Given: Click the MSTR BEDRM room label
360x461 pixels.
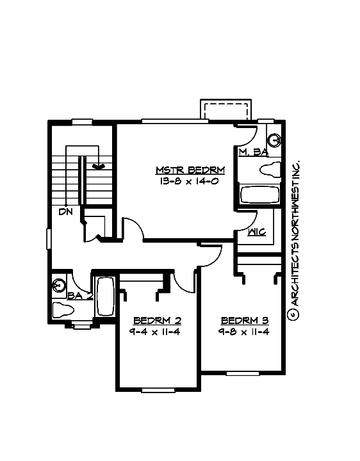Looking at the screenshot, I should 190,170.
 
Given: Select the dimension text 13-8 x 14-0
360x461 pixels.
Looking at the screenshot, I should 190,181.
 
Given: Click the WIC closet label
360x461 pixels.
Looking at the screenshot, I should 257,232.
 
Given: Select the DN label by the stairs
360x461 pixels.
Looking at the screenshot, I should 65,211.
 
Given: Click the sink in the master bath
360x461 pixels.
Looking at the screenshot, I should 275,140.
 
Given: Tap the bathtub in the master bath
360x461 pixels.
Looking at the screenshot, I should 259,193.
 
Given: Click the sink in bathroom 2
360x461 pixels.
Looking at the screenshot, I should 60,284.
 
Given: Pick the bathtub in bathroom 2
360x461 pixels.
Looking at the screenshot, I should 104,295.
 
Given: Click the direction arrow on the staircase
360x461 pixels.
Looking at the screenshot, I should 98,166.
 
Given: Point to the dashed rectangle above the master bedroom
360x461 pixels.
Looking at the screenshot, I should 224,109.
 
